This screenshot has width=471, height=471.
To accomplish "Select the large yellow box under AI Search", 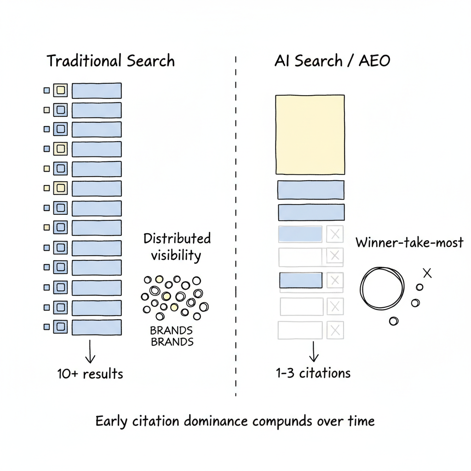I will pos(310,134).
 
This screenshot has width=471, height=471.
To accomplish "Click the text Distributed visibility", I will pos(177,247).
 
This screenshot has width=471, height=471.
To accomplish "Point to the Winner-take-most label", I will pos(409,242).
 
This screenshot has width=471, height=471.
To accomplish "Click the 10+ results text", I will pos(90,374).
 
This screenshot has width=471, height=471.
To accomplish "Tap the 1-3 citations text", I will pos(313,373).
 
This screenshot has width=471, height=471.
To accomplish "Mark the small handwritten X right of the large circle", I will pos(427,273).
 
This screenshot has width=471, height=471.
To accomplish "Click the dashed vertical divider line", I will pos(235,230).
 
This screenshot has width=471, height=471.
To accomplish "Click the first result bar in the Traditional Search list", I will pos(97,91).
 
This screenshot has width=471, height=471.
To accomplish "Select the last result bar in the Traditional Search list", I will pos(97,327).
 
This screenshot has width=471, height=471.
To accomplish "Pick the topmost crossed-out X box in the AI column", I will pos(335,235).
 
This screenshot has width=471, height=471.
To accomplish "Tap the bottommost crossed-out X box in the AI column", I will pos(335,329).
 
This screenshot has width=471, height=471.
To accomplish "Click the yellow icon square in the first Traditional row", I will pos(60,91).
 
